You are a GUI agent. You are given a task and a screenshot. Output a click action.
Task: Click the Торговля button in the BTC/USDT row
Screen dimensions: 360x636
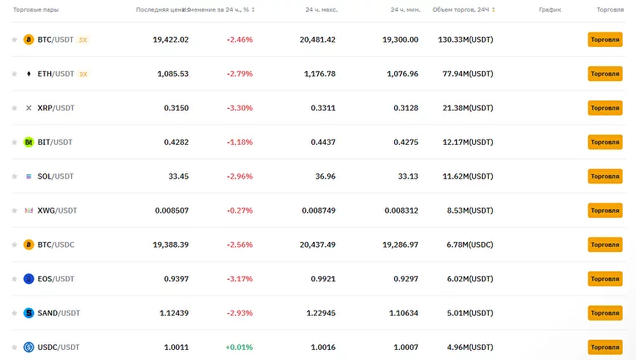[604, 39]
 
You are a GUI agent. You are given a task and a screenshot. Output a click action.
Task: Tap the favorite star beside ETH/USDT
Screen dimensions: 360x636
[14, 74]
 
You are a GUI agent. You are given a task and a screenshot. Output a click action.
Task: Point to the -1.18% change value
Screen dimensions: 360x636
[239, 142]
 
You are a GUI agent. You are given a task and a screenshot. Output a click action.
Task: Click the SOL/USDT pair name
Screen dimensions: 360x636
[55, 177]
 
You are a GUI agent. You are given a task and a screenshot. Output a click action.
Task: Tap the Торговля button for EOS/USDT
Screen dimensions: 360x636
[604, 279]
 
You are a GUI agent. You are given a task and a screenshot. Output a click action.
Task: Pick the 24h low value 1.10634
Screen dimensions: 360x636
[399, 313]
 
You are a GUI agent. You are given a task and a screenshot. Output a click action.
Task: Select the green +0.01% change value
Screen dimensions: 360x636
[238, 347]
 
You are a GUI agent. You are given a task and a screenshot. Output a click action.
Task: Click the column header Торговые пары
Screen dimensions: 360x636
[35, 9]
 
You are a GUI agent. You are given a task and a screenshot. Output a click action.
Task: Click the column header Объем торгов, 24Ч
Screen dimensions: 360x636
[459, 9]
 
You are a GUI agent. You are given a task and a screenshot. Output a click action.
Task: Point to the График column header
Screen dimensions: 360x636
[550, 9]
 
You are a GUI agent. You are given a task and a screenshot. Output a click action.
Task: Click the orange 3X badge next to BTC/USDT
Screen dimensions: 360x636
[83, 39]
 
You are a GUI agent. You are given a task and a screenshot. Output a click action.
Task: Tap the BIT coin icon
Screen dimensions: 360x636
[28, 142]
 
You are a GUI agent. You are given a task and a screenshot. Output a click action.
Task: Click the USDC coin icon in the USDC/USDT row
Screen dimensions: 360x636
[28, 347]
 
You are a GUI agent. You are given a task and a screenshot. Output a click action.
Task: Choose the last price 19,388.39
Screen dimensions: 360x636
[171, 244]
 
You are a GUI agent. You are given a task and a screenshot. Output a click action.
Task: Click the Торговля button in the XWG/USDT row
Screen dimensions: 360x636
[604, 210]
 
